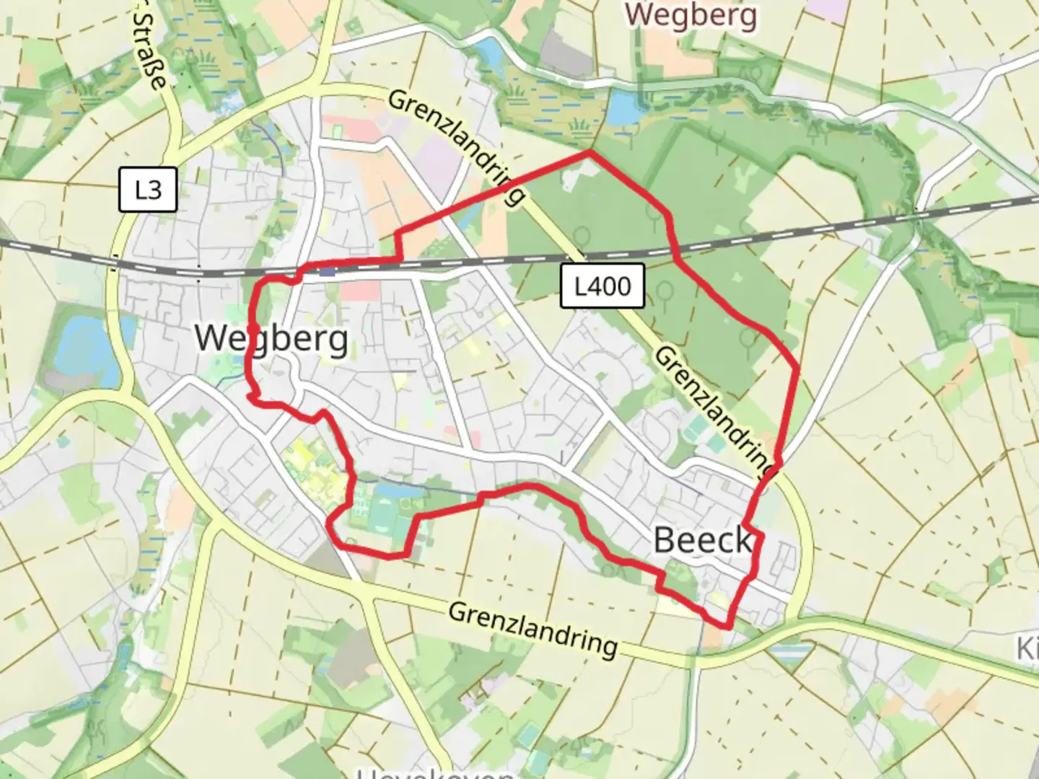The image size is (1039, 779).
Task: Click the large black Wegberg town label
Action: click(271, 338)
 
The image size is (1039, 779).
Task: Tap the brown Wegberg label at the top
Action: click(691, 14)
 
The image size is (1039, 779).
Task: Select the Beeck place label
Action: click(702, 540)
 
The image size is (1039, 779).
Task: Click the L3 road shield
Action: click(148, 190)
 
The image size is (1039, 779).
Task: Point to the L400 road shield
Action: click(602, 286)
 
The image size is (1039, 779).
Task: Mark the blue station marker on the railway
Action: click(327, 272)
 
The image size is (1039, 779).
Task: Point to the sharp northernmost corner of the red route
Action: click(590, 152)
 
